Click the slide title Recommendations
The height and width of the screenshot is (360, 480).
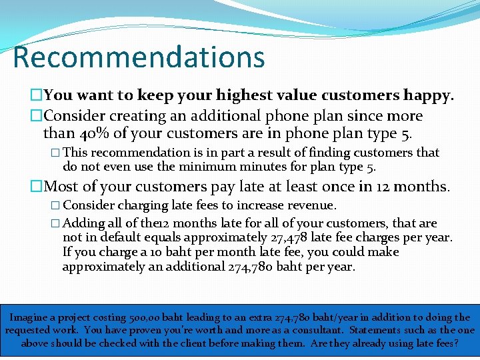139,57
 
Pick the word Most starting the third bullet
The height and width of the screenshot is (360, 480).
62,186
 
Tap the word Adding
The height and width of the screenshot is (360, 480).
83,223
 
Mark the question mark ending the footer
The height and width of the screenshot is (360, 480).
456,343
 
